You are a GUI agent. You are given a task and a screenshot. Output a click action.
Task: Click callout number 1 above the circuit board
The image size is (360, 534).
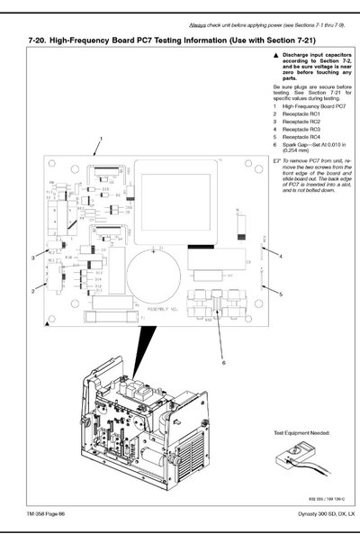tap(102, 138)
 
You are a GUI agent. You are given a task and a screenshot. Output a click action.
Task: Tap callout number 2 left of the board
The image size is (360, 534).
tap(32, 290)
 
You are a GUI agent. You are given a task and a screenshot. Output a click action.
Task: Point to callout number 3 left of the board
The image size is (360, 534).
tap(32, 258)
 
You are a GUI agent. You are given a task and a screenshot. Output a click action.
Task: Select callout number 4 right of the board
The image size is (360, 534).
tap(281, 257)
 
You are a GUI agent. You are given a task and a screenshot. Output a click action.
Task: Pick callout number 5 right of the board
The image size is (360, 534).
tap(281, 294)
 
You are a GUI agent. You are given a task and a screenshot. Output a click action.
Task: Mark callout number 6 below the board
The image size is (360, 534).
tap(224, 363)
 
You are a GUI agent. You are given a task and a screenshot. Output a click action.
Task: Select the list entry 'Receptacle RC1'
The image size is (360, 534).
tap(301, 114)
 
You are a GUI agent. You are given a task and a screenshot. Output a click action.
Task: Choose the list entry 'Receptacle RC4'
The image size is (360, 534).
tap(301, 136)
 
